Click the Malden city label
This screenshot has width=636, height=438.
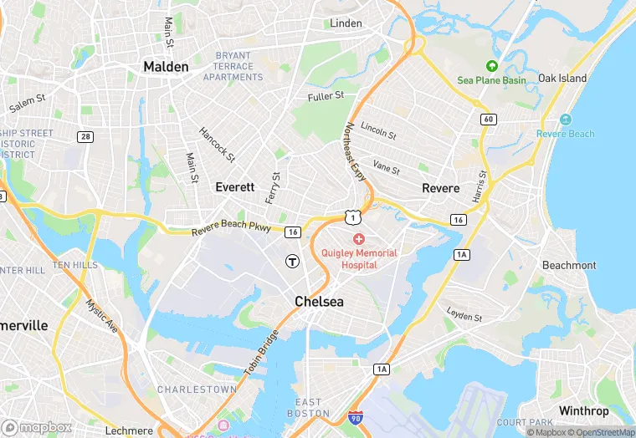[166, 66]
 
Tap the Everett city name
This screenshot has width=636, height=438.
[234, 187]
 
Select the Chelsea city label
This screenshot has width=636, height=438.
[319, 301]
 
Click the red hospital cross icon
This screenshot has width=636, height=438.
[359, 239]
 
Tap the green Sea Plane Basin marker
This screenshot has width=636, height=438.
[492, 65]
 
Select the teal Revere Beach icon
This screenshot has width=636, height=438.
[566, 120]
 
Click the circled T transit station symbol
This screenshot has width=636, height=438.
[292, 261]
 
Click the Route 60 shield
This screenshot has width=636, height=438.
[488, 119]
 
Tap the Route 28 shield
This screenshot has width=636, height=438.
[85, 136]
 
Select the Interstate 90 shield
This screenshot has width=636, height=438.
[356, 416]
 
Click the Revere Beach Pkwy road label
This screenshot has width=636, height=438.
[231, 227]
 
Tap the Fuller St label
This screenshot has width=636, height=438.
[326, 97]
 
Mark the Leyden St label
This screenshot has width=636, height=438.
[464, 316]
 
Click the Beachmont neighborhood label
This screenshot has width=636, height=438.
[569, 265]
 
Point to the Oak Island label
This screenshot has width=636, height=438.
[562, 78]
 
